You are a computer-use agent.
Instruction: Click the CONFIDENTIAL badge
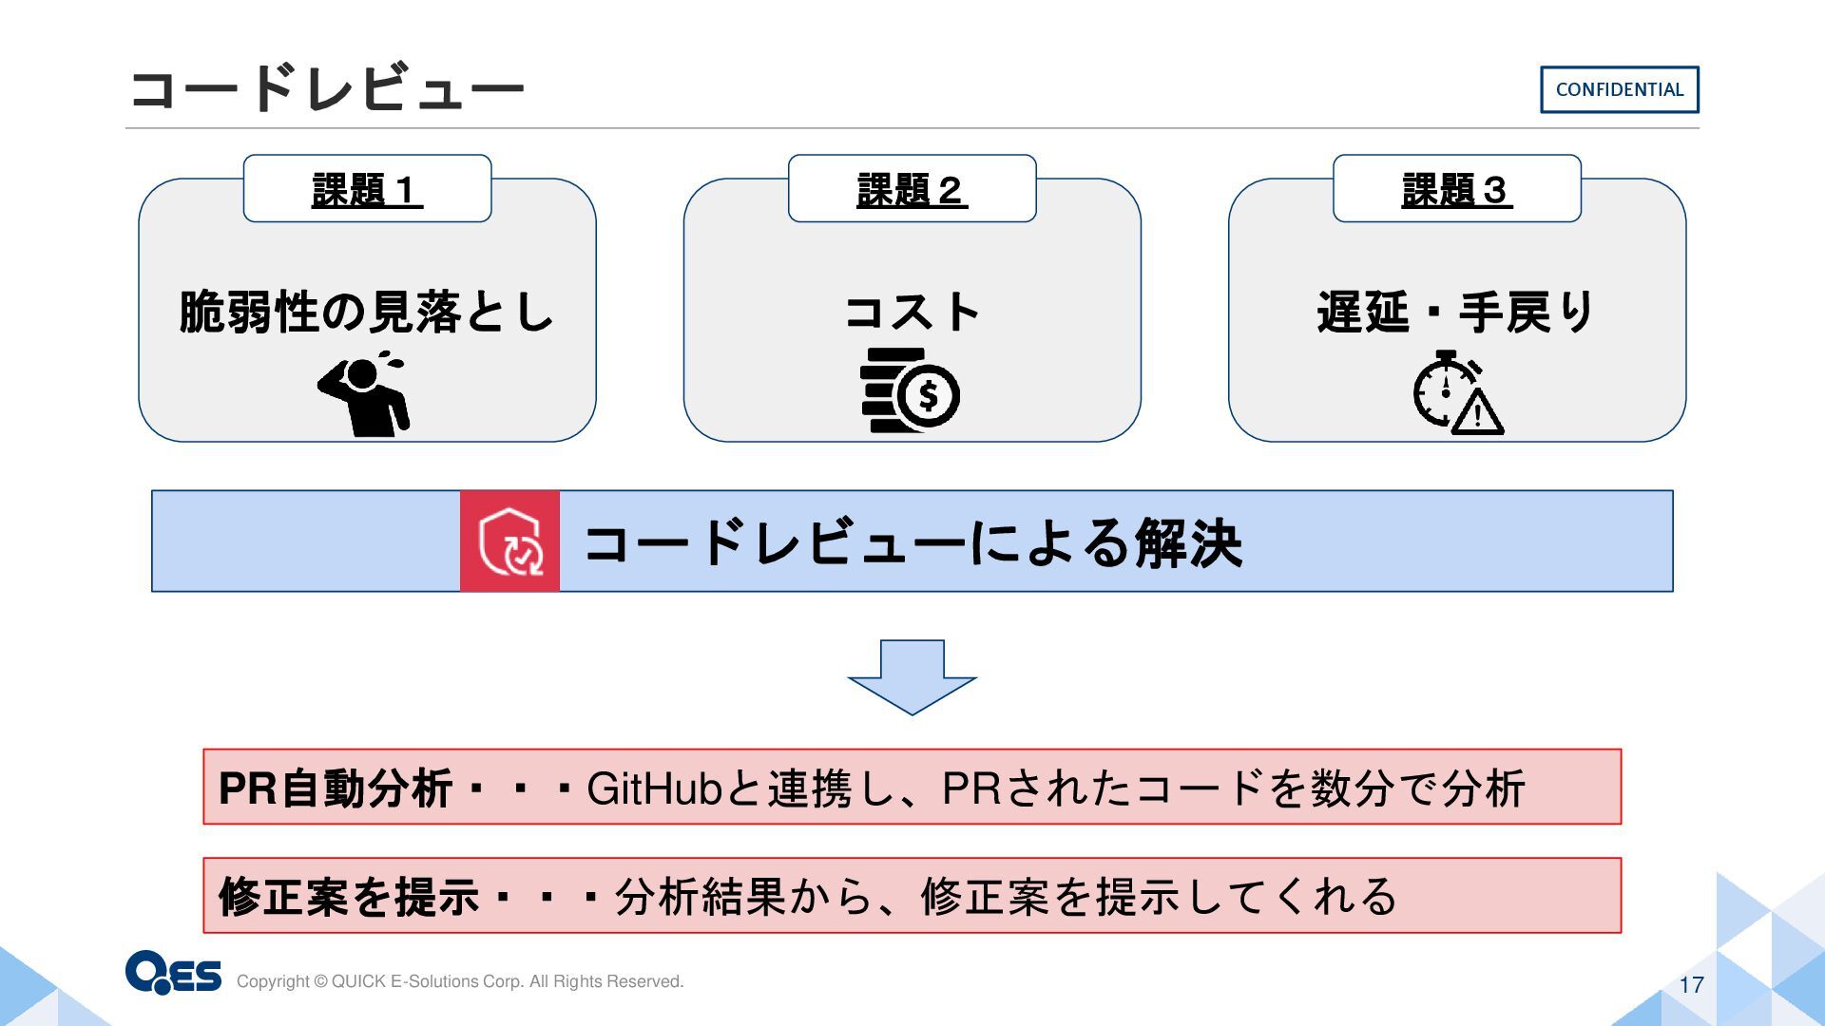click(1619, 89)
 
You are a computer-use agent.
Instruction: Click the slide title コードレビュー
click(326, 88)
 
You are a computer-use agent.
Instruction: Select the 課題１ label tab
click(367, 189)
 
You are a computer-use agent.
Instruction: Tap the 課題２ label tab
click(912, 189)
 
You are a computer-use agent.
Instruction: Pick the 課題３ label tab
click(1456, 189)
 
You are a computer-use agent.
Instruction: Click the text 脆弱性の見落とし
click(367, 312)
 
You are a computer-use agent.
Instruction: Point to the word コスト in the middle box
click(912, 312)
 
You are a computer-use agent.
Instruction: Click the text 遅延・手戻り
click(1456, 312)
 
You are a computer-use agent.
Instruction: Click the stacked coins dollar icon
click(910, 390)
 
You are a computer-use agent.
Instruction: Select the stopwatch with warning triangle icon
click(1457, 392)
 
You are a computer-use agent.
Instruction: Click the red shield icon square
click(510, 541)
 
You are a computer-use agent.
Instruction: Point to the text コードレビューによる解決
click(912, 543)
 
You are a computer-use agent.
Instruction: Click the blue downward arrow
click(912, 677)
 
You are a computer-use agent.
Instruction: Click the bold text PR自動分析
click(335, 788)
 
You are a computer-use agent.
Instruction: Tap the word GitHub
click(655, 788)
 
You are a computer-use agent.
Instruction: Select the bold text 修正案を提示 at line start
click(348, 897)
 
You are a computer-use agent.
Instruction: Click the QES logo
click(173, 972)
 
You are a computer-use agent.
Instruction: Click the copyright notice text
click(460, 981)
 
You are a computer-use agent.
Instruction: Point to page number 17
click(1691, 985)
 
